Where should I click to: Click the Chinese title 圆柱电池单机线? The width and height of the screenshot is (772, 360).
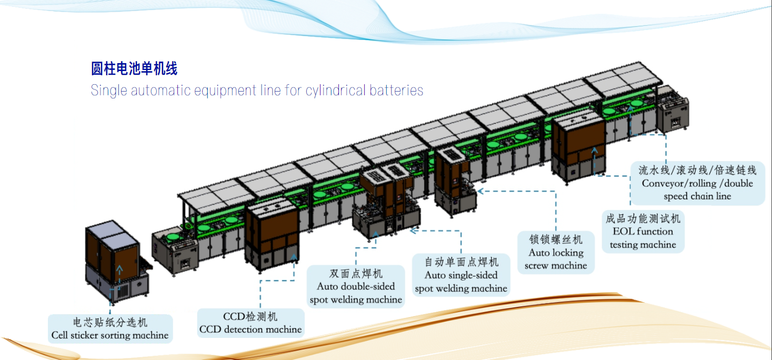click(134, 68)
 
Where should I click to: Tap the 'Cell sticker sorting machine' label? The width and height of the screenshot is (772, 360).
click(110, 329)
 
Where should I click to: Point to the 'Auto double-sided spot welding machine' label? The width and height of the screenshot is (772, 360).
click(356, 287)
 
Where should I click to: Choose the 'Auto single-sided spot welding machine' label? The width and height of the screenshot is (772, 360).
click(461, 275)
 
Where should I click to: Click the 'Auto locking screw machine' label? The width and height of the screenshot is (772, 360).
click(556, 253)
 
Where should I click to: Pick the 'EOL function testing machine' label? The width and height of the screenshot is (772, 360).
click(643, 232)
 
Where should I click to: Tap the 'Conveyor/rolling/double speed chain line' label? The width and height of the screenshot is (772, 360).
click(697, 183)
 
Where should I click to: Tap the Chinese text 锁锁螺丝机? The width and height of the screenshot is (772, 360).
click(556, 240)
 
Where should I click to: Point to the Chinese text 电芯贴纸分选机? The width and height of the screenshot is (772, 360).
click(110, 322)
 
